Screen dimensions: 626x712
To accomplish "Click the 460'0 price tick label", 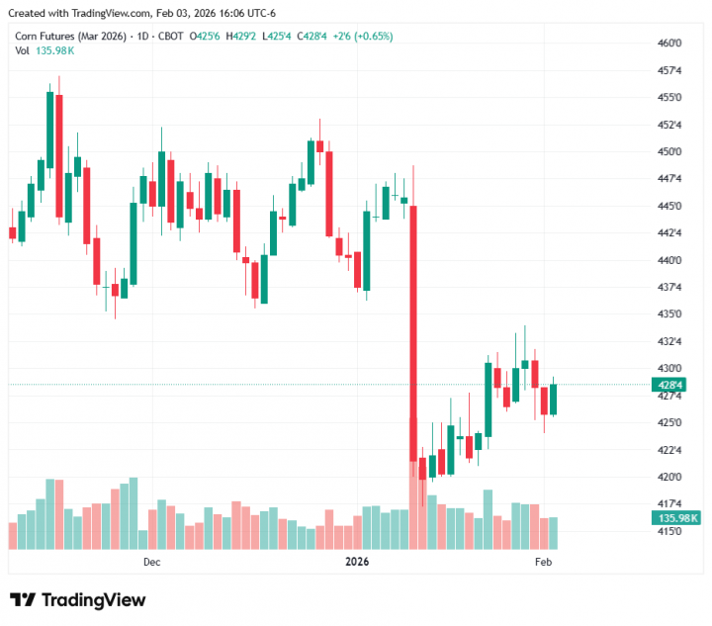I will coord(669,44).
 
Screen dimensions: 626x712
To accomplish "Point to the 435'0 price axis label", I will coord(669,314).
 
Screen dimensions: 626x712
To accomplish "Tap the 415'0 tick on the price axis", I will coord(669,531).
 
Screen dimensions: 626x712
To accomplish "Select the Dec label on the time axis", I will coord(151,562).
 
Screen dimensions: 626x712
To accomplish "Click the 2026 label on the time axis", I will coord(356,562).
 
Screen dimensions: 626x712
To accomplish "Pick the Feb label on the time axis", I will coord(543,562).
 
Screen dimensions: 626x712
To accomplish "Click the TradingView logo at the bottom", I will coord(78,600).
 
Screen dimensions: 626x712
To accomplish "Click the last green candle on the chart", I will coord(554,399).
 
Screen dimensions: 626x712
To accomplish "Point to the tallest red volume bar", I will coord(413,507).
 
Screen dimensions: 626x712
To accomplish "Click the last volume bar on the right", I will coord(554,533).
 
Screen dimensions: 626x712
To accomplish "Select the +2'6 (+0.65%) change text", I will coord(364,37).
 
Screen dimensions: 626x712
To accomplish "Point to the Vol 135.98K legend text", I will coord(44,50).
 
